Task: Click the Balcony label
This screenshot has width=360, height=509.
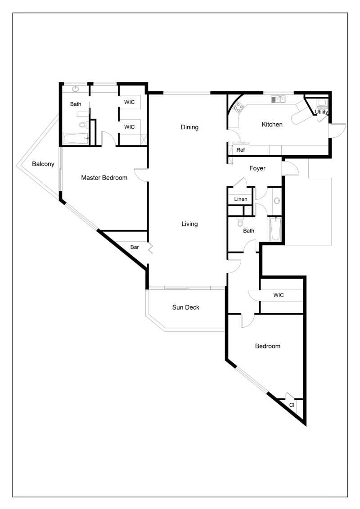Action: (x=43, y=164)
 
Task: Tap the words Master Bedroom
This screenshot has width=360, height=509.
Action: (x=104, y=178)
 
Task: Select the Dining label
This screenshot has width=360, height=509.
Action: (x=189, y=127)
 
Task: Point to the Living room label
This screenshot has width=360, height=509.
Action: (x=189, y=224)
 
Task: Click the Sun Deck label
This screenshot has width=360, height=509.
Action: (x=186, y=307)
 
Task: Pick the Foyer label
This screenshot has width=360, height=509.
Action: (x=257, y=168)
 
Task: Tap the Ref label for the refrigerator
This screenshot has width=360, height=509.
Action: (x=241, y=150)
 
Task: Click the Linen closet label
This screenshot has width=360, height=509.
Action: (x=241, y=199)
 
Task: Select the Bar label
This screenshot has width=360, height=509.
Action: (x=135, y=248)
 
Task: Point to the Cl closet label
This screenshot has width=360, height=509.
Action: (x=292, y=405)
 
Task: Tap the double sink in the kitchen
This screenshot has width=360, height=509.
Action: (x=278, y=99)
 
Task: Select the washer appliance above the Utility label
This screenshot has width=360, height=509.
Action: (x=322, y=103)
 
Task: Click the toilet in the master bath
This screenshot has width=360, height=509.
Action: (x=83, y=124)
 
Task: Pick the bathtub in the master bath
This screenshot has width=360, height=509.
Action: (x=76, y=139)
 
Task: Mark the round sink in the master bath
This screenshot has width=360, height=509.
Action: (x=75, y=89)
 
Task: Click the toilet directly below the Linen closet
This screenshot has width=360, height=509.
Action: (x=240, y=222)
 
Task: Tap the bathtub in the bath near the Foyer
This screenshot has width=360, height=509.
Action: (x=275, y=229)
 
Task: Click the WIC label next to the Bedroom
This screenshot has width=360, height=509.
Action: (x=279, y=295)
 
